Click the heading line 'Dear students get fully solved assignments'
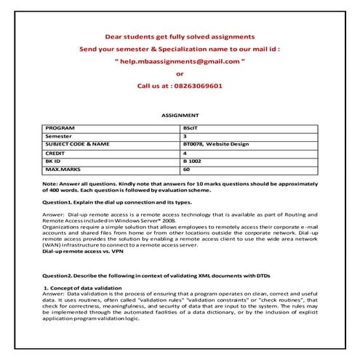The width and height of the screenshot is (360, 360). pos(180,36)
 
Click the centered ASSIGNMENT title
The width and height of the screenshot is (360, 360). pos(180,115)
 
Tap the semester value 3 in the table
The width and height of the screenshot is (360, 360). pos(185,136)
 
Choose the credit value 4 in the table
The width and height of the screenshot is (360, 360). pos(185,153)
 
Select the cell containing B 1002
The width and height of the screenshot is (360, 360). pos(193,161)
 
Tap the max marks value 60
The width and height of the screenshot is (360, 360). pos(187,169)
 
